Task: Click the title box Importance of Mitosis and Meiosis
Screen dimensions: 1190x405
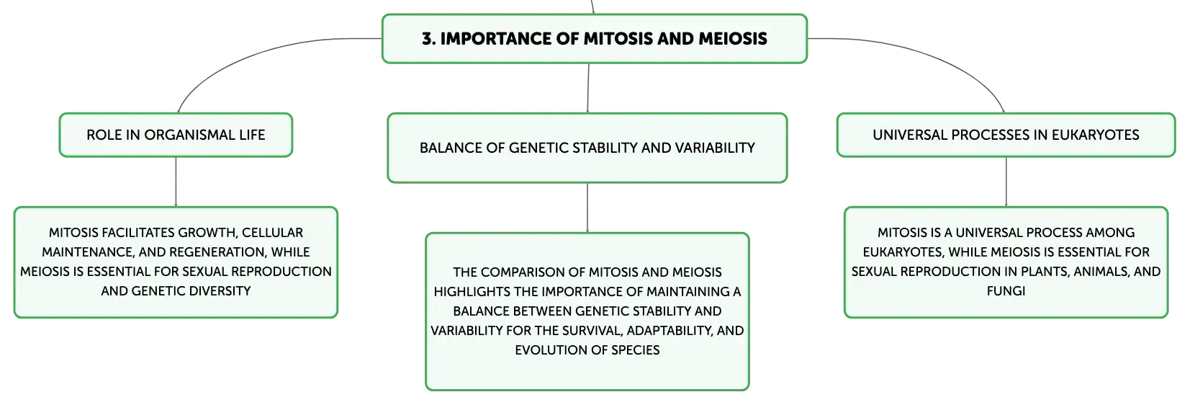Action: point(595,39)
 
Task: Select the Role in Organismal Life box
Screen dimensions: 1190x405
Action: point(176,135)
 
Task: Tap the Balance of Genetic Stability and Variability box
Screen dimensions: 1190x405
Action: point(587,148)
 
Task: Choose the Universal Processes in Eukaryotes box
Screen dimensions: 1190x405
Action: point(1006,135)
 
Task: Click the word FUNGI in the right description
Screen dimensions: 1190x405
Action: point(1006,290)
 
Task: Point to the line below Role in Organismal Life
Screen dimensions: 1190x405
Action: point(176,182)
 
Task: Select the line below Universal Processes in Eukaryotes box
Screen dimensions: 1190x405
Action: point(1006,182)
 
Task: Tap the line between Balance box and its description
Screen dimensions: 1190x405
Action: point(587,208)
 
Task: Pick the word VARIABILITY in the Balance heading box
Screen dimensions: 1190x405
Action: point(715,148)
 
